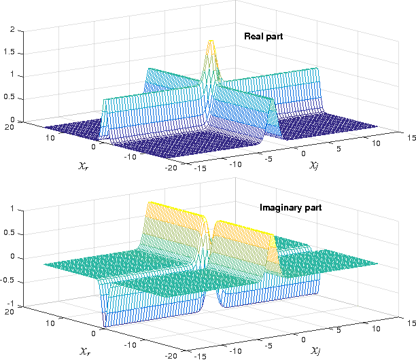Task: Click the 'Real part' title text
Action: click(x=264, y=36)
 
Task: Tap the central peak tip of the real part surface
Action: click(x=211, y=42)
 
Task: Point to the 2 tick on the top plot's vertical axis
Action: click(x=12, y=31)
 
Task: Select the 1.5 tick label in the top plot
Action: click(x=10, y=53)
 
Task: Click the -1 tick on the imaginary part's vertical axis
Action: click(x=11, y=306)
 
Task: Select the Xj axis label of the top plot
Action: click(x=315, y=165)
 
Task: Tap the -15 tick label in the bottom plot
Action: click(x=202, y=355)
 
